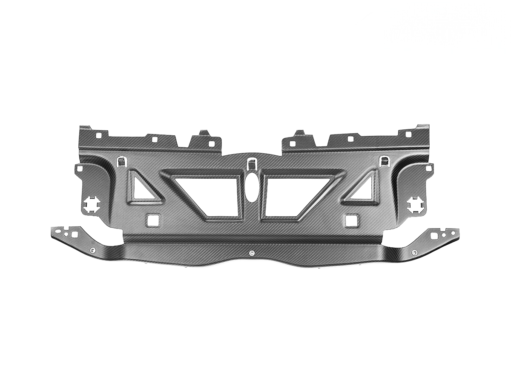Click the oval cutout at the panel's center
[x=251, y=188]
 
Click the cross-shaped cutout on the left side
[x=92, y=205]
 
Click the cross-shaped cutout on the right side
[x=415, y=205]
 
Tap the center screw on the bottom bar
[x=252, y=254]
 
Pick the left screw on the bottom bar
[x=93, y=249]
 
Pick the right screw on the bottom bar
[x=414, y=252]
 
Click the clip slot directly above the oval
[x=251, y=163]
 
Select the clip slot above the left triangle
[x=121, y=161]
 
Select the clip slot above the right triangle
[x=385, y=161]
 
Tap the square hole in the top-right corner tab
[x=408, y=134]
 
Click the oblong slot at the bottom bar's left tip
[x=58, y=232]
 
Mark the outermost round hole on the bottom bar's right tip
[x=454, y=233]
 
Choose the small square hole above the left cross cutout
[x=79, y=169]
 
